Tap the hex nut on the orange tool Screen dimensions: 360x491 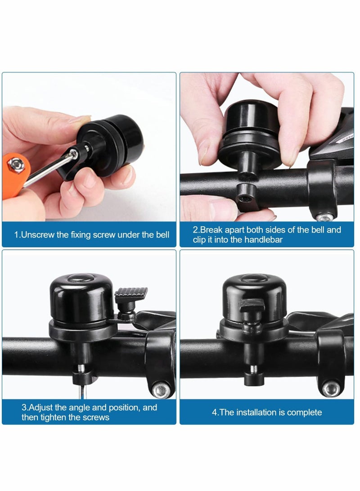[x=16, y=165]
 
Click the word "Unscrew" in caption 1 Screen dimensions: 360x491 [x=37, y=234]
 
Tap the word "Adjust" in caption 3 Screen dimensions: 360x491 [x=41, y=408]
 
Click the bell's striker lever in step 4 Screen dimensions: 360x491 [x=252, y=305]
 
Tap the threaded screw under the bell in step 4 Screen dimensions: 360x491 [x=254, y=369]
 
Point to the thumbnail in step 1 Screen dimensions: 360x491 [x=79, y=119]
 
